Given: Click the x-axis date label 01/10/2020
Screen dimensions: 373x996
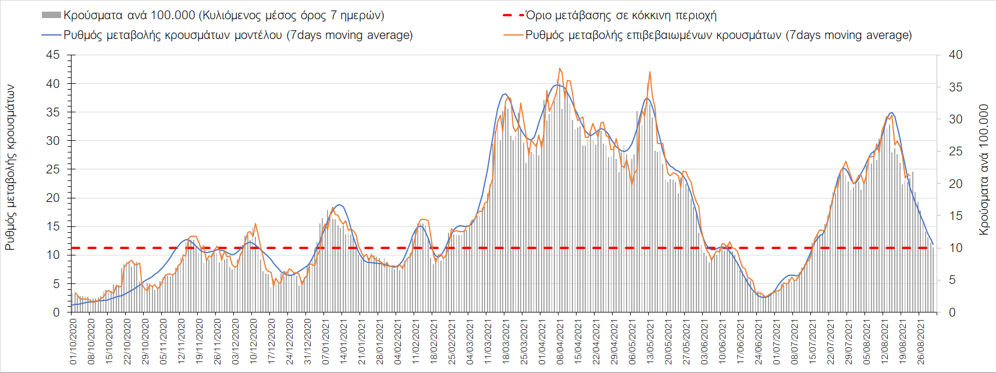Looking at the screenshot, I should coord(74,341).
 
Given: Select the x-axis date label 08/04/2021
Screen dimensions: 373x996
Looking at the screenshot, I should coord(560,341).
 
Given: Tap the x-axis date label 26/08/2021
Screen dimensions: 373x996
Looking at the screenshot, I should coord(920,341).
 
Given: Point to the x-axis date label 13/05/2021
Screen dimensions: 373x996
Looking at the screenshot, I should coord(650,341).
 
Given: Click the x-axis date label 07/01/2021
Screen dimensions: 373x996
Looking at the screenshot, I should coord(325,341).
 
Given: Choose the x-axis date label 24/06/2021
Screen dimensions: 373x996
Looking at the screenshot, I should coord(758,341).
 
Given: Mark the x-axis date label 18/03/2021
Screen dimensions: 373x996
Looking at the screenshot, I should coord(506,341).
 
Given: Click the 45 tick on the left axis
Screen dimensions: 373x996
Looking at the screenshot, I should coord(53,55).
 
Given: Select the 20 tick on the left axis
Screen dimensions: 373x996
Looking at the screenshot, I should coord(53,198).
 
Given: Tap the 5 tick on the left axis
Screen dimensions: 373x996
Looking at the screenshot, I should coord(56,284).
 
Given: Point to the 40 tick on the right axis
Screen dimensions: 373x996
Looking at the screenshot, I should coord(955,55).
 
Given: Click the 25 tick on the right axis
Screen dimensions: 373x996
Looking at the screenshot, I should coord(955,152).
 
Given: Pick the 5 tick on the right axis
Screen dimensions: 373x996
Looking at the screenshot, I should coord(952,280).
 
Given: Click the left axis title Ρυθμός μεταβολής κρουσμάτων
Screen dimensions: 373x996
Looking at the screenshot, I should coord(10,168).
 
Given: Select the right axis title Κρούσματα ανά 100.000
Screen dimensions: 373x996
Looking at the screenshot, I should coord(983,170).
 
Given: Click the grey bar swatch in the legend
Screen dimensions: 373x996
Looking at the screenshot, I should coord(51,15).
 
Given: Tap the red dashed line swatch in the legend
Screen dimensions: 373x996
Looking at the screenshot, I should coord(513,15).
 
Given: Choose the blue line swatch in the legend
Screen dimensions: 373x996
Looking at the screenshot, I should coord(51,35).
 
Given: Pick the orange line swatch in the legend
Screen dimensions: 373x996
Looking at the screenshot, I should coord(513,35).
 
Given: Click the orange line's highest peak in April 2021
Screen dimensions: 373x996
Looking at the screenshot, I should coord(560,68).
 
